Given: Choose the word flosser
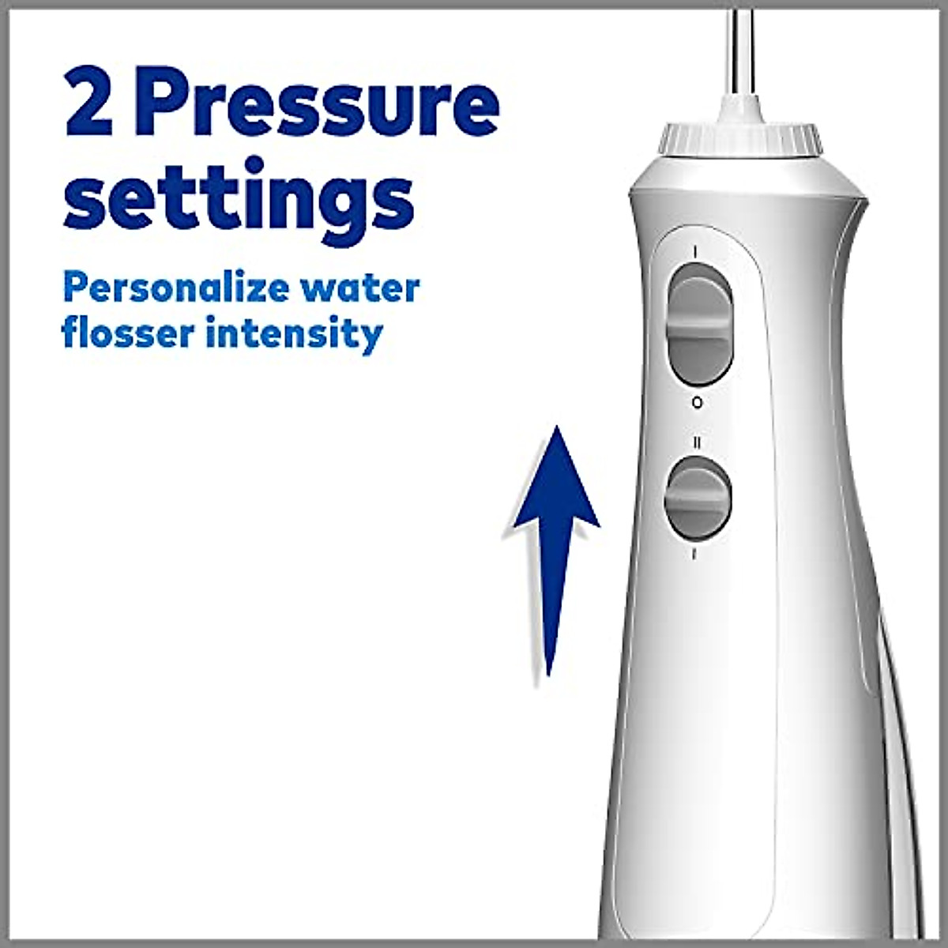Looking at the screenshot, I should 127,333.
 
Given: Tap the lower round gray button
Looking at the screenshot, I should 698,498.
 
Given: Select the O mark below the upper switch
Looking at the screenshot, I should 696,403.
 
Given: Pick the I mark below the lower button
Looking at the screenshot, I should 694,554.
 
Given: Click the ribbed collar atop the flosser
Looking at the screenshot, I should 740,140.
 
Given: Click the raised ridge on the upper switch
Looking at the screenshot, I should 698,326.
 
